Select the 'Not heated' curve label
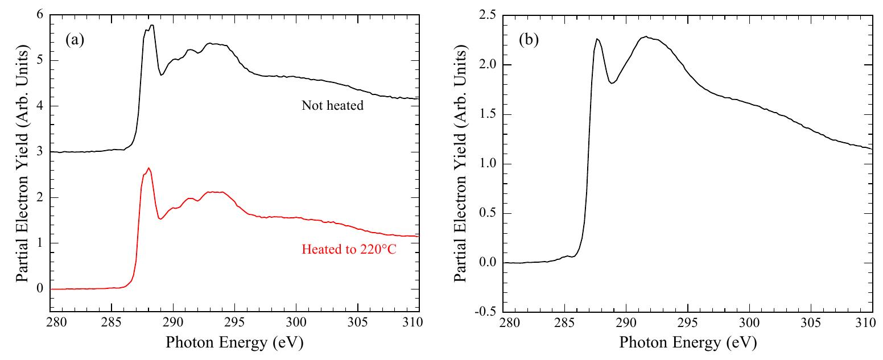click(x=333, y=106)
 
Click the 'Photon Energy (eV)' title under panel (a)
click(x=235, y=343)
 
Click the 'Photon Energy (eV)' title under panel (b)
click(x=688, y=343)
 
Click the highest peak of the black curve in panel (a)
click(x=152, y=25)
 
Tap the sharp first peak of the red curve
click(x=148, y=168)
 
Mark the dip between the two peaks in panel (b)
click(x=612, y=83)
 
